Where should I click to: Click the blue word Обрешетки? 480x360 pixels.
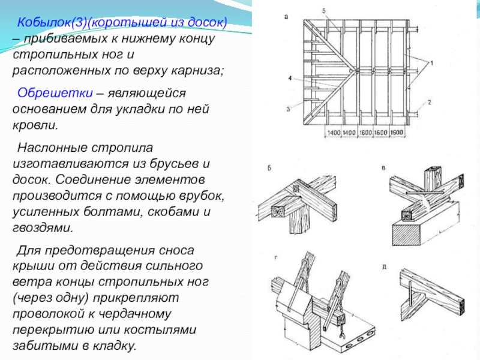[x=55, y=94]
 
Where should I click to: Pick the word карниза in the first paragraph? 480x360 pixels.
[x=198, y=70]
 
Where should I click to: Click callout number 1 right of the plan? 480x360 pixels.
[x=431, y=62]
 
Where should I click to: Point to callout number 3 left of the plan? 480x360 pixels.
[x=287, y=109]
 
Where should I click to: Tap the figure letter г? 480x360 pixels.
[x=275, y=258]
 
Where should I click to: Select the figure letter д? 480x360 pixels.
[x=385, y=265]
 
